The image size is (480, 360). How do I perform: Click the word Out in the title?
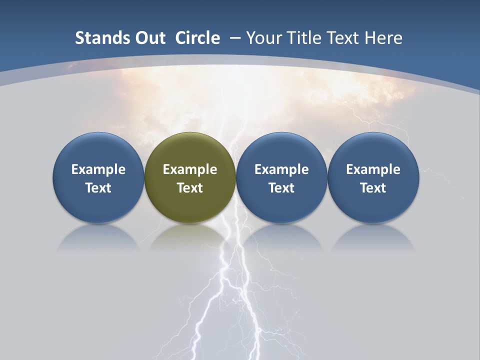coord(149,38)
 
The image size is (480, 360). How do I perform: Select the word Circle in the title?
coord(197,38)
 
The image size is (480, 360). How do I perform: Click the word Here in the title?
coord(383,38)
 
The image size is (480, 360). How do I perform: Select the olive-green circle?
coord(190,177)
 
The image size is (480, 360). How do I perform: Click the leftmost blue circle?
coord(98,177)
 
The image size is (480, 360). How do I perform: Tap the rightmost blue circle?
coord(373,177)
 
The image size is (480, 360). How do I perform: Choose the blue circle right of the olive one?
coord(281,177)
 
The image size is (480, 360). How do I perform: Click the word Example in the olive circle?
coord(190,169)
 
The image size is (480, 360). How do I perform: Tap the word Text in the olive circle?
coord(190,188)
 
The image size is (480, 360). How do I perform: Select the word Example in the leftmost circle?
coord(98,169)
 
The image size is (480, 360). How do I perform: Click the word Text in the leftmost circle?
coord(98,188)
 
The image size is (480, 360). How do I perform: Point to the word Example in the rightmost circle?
coord(373,169)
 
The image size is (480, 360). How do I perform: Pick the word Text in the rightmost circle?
coord(373,188)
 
